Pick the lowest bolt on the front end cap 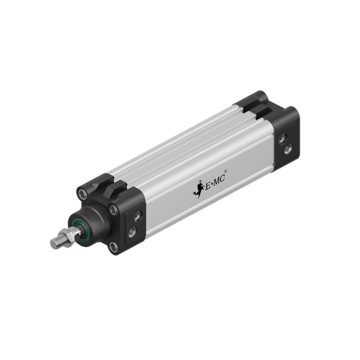pos(113,248)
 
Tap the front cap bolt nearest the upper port pos(114,210)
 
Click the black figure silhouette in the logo pos(196,190)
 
